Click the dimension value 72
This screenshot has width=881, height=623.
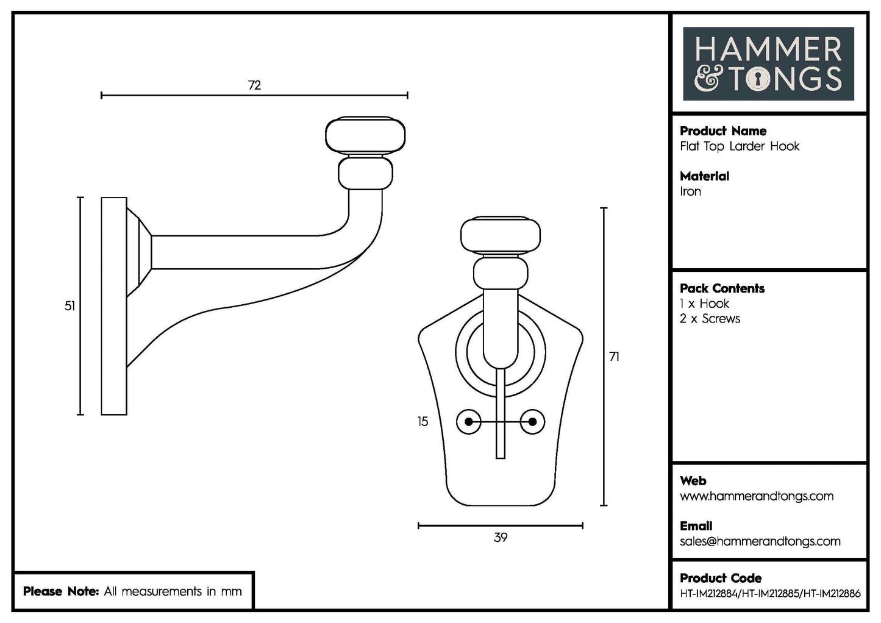[254, 85]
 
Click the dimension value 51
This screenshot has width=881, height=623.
[70, 306]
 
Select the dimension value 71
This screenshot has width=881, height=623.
[614, 357]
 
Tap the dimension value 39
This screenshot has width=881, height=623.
[500, 538]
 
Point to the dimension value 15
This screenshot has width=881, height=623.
[423, 422]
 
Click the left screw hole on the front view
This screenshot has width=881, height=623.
[468, 422]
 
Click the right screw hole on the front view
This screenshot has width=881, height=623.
[532, 422]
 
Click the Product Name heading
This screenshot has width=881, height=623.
[722, 131]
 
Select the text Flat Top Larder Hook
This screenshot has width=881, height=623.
[739, 146]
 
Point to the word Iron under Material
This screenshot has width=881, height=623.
[690, 191]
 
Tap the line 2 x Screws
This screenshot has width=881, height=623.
[710, 319]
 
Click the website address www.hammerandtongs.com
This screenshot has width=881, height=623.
[756, 496]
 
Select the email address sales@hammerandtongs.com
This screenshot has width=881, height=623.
[760, 541]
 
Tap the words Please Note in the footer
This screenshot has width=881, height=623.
[60, 591]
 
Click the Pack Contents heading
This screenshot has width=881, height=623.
[722, 288]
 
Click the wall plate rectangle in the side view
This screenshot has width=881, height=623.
[113, 306]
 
